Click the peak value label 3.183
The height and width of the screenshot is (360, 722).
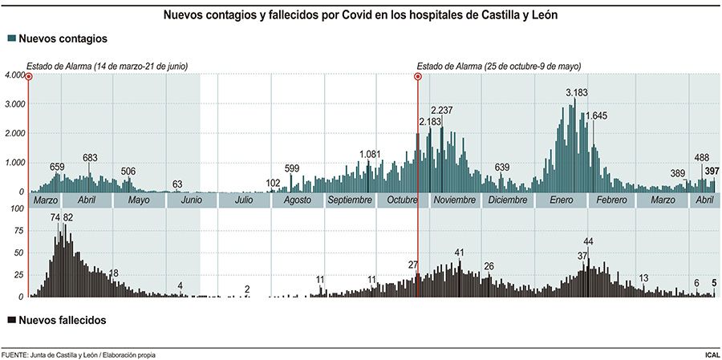click(577, 92)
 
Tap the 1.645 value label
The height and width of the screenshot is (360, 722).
click(596, 116)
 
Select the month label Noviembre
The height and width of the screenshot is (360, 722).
click(453, 200)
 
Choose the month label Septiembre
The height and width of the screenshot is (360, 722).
click(350, 200)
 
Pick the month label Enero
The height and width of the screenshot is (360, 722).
click(561, 200)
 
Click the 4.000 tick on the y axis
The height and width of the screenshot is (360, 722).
click(14, 76)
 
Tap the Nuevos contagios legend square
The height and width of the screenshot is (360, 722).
click(10, 39)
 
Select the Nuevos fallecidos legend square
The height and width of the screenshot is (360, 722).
click(10, 320)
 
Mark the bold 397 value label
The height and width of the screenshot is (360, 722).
click(712, 171)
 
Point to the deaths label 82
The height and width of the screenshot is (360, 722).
click(68, 217)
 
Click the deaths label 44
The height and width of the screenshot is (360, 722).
click(588, 241)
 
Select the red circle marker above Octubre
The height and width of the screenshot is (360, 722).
click(418, 77)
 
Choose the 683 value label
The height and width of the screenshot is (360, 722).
click(90, 157)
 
